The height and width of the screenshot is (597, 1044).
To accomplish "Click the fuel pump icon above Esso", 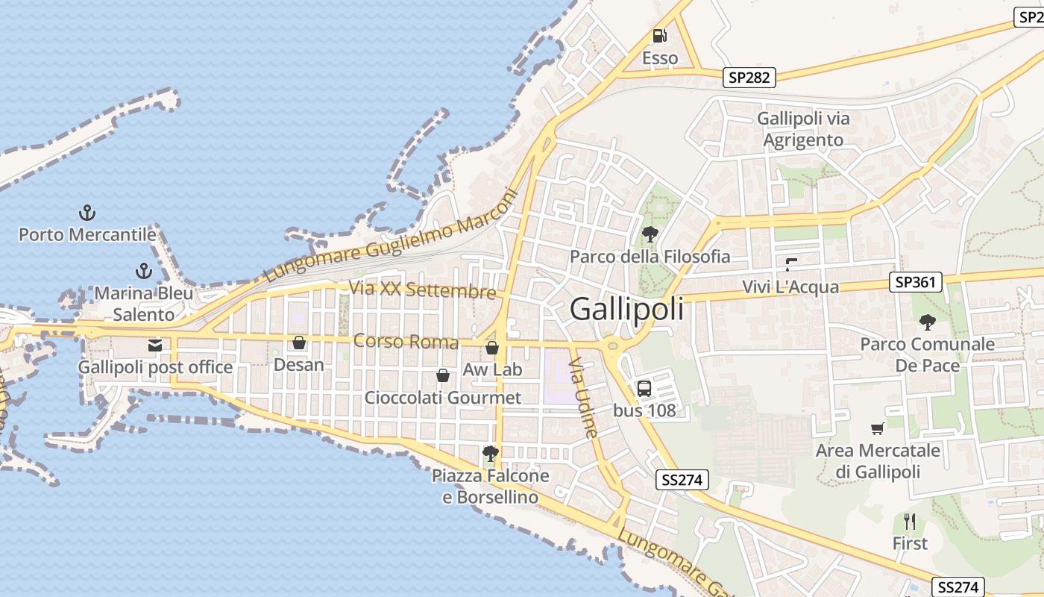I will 659,35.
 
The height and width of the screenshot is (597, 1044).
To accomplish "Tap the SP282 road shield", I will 749,77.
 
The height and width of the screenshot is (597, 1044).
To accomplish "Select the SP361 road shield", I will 916,282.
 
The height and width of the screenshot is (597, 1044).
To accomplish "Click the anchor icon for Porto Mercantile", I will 87,213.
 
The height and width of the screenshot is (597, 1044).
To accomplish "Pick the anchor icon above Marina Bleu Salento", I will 142,271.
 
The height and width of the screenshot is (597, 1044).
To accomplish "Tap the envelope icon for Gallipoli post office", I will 155,346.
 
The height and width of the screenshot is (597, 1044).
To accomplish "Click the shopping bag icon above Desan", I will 299,343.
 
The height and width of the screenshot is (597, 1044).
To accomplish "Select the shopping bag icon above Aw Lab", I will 492,348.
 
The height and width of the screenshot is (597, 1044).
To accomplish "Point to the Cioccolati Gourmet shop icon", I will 443,375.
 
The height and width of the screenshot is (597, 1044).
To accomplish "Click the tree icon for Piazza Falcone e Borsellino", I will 490,453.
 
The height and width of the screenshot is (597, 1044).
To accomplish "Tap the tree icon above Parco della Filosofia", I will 650,234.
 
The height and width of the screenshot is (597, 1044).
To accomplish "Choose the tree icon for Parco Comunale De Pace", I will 927,322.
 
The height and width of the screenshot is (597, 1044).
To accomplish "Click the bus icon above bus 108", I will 644,388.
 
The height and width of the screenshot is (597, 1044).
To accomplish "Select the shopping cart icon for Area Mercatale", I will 878,428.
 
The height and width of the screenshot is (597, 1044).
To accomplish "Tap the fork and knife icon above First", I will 910,521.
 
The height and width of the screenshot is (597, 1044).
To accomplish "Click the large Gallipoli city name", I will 626,309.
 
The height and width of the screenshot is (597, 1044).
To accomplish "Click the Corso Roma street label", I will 406,342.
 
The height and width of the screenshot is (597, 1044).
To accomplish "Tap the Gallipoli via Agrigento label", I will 803,129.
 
